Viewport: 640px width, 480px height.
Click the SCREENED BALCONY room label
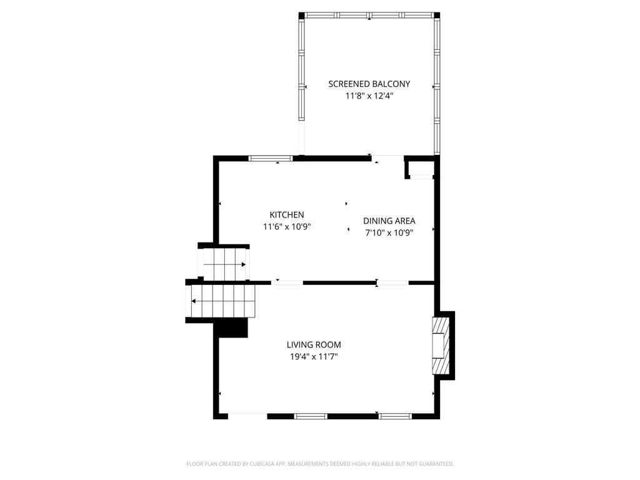tap(369, 84)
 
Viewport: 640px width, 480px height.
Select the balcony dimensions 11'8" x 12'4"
tap(369, 96)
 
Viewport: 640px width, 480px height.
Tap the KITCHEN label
tap(287, 215)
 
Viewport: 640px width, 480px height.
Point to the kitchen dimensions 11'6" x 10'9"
tap(287, 227)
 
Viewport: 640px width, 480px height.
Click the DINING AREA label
tap(389, 221)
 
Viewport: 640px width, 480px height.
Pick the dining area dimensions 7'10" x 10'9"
tap(389, 233)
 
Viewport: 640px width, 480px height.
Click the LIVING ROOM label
tap(314, 345)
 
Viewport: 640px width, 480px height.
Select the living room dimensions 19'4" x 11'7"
tap(314, 357)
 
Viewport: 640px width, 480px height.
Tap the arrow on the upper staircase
tap(224, 264)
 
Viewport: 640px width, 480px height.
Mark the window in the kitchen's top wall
tap(271, 158)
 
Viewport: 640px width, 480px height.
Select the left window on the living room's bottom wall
tap(311, 416)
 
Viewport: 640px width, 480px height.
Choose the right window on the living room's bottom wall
tap(395, 416)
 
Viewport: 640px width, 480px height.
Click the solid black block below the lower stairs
tap(232, 327)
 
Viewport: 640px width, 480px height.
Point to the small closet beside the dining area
tap(420, 168)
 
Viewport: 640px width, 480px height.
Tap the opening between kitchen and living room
tap(287, 282)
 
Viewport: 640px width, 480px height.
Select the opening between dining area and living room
tap(392, 282)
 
